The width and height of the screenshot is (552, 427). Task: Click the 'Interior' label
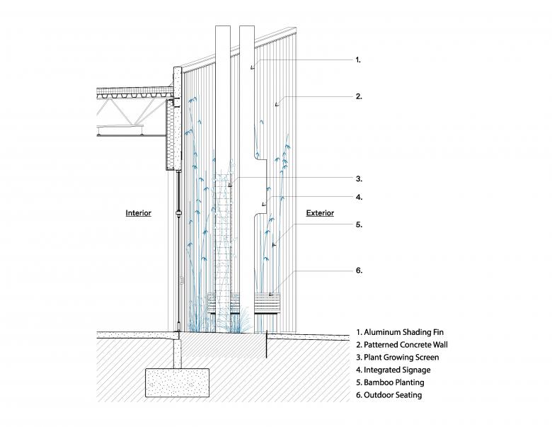139,212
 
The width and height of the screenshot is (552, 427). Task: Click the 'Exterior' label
320,212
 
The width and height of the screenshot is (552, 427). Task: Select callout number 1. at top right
358,60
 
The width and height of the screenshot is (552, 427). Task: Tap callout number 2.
358,96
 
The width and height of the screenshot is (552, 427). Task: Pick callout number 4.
358,197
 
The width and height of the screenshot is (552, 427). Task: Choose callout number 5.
358,224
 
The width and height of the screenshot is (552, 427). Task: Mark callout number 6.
358,271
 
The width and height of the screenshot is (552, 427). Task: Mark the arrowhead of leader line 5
273,244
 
